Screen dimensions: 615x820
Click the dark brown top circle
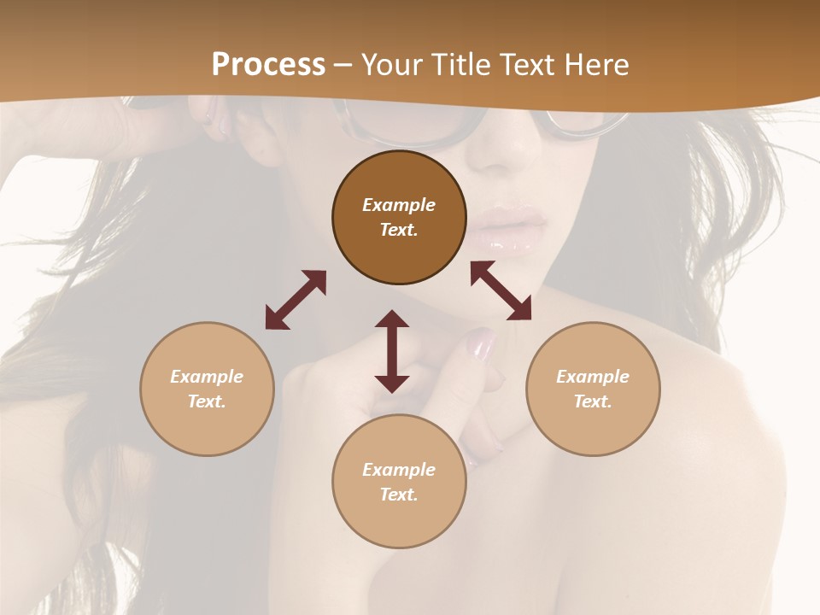399,218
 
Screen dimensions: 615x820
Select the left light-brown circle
207,389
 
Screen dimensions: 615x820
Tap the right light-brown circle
593,389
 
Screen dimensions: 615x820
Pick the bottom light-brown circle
399,482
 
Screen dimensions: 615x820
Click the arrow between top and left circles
296,300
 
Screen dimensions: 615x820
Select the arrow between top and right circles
501,290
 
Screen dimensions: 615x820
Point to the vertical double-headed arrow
392,351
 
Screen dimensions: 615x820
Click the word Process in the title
268,64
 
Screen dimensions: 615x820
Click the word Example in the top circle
399,205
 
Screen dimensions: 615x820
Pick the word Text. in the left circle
207,401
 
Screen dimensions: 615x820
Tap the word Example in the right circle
593,377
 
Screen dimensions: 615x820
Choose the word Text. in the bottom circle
399,495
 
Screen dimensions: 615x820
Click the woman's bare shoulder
726,401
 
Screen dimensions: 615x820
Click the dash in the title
343,65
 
